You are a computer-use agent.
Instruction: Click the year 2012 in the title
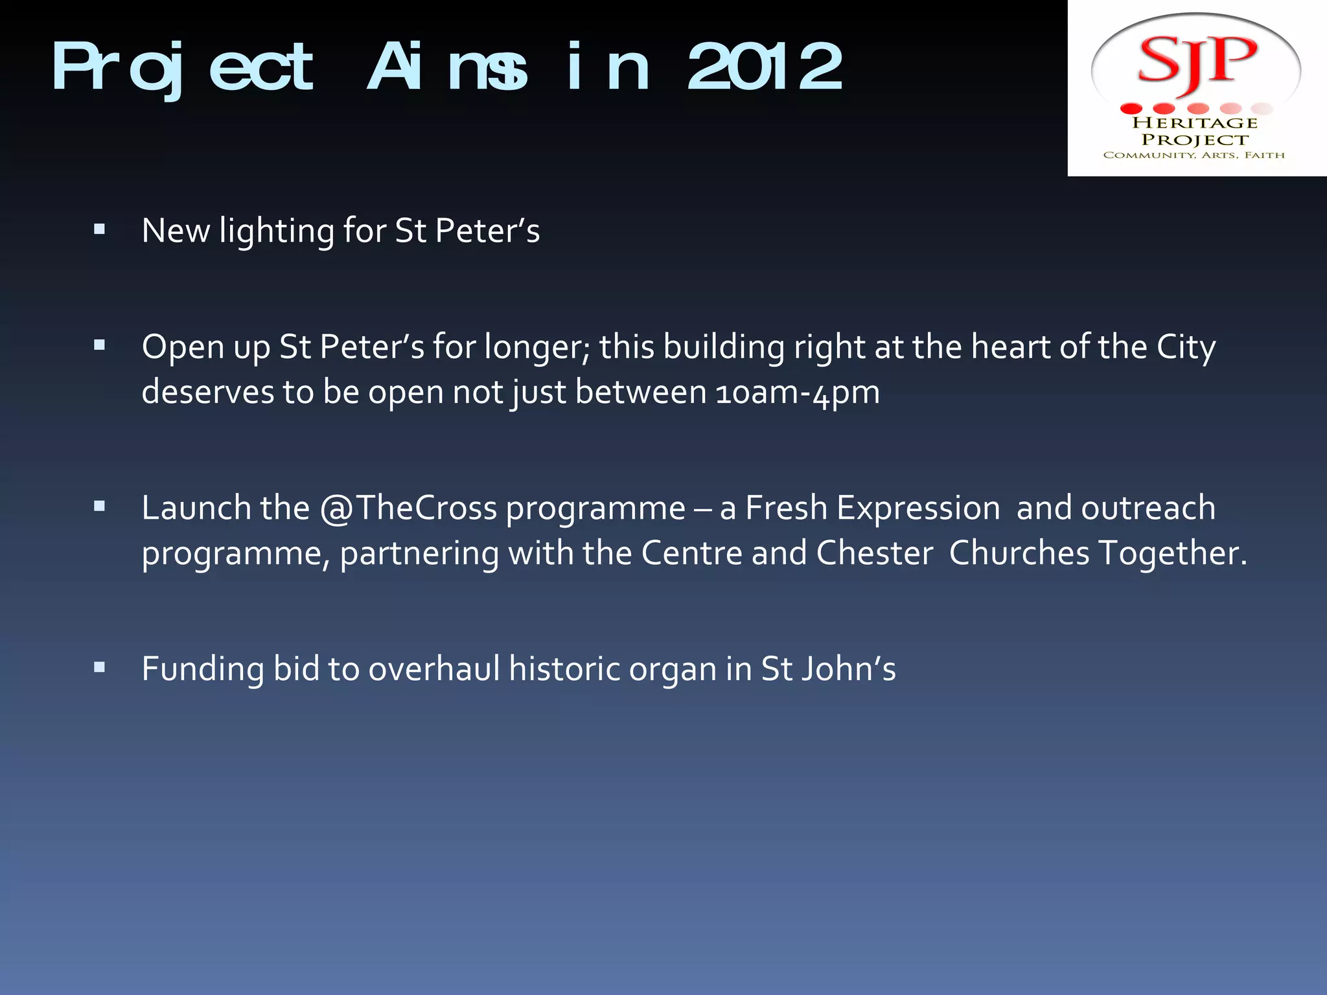765,66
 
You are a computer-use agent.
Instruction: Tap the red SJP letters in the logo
1197,62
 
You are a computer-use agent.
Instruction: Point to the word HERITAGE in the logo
1195,122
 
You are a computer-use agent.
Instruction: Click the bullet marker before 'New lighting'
99,229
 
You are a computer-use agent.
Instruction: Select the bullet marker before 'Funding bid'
99,667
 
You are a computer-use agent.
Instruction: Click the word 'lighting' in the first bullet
277,231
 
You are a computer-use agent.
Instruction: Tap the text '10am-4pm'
798,393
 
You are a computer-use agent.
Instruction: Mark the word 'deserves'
207,393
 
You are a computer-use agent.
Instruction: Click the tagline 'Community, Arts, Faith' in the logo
1194,155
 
